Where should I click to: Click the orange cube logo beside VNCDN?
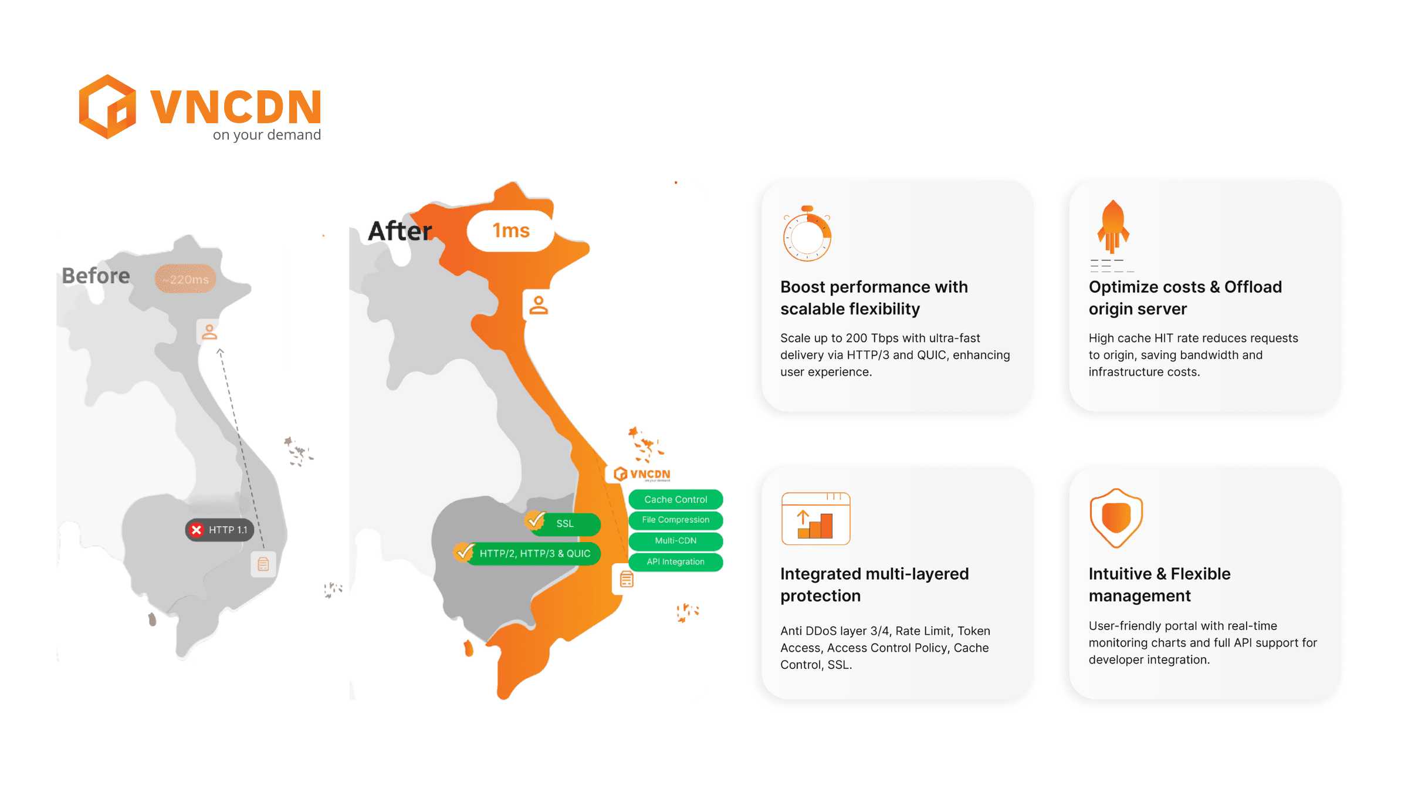(107, 107)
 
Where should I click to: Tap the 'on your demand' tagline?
(267, 135)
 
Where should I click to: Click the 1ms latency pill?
(510, 231)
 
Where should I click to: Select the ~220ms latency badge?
(185, 279)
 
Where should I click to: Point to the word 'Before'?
(96, 276)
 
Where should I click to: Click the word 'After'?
(400, 231)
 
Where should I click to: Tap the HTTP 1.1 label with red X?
(219, 530)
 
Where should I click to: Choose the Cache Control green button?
(676, 499)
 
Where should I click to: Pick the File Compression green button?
(676, 520)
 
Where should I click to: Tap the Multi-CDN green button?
(676, 541)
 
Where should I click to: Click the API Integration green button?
(676, 562)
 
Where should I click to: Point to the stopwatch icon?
(807, 233)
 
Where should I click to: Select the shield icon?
(1116, 518)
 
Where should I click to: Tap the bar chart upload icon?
(815, 519)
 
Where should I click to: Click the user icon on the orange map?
(539, 305)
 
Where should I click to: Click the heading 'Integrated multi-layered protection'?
(874, 584)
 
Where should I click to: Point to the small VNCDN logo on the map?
(642, 474)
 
